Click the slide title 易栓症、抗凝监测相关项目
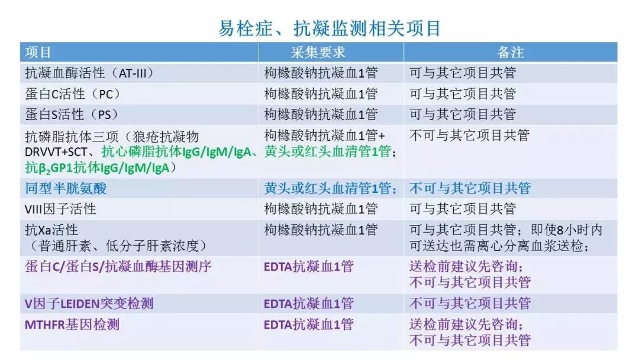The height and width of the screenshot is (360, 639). pos(330,28)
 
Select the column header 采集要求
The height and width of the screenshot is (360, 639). pos(318,52)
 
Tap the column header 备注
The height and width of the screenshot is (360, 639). pos(510,52)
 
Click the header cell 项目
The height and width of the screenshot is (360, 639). pos(38,52)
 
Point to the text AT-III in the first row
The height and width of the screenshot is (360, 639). pos(130,73)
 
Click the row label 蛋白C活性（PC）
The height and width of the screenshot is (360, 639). pos(73,94)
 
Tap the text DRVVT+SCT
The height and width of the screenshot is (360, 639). pos(56,152)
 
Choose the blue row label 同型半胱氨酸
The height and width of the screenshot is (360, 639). pos(66,188)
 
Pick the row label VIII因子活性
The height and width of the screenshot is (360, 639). pos(60,209)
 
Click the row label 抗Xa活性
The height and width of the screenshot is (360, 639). pos(51,230)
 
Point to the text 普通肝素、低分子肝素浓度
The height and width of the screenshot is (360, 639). pos(118,246)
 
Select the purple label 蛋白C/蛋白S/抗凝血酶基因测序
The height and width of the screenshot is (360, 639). pos(118,266)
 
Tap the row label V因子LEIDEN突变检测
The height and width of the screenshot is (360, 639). pos(89,304)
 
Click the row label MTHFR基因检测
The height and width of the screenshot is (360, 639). pos(72,324)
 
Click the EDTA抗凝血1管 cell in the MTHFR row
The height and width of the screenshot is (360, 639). pos(308,324)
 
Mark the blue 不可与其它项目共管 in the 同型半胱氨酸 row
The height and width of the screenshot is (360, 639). pos(470,188)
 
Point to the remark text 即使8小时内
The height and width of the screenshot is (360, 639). pos(567,230)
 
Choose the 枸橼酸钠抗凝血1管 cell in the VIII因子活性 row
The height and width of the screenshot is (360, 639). pos(321,209)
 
